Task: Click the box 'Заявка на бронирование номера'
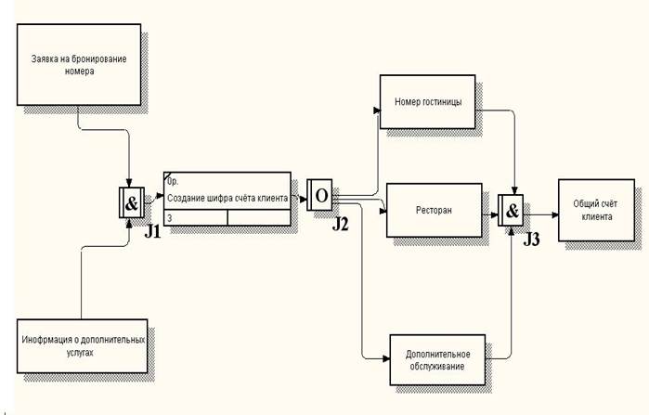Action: pos(79,64)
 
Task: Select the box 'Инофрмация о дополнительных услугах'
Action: pos(82,345)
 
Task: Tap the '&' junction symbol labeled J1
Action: pos(131,203)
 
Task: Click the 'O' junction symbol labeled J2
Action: pos(321,197)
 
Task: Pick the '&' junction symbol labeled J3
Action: pos(512,211)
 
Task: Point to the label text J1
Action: pos(153,231)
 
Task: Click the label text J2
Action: pos(343,224)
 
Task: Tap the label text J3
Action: pos(532,239)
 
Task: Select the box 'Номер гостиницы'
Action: pos(428,102)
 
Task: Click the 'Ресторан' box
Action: pos(434,212)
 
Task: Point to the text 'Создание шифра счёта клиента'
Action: pos(227,198)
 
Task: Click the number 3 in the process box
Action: pos(170,218)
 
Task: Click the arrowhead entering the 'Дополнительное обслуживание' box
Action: pos(386,358)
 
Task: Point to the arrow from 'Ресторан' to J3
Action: pos(491,212)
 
